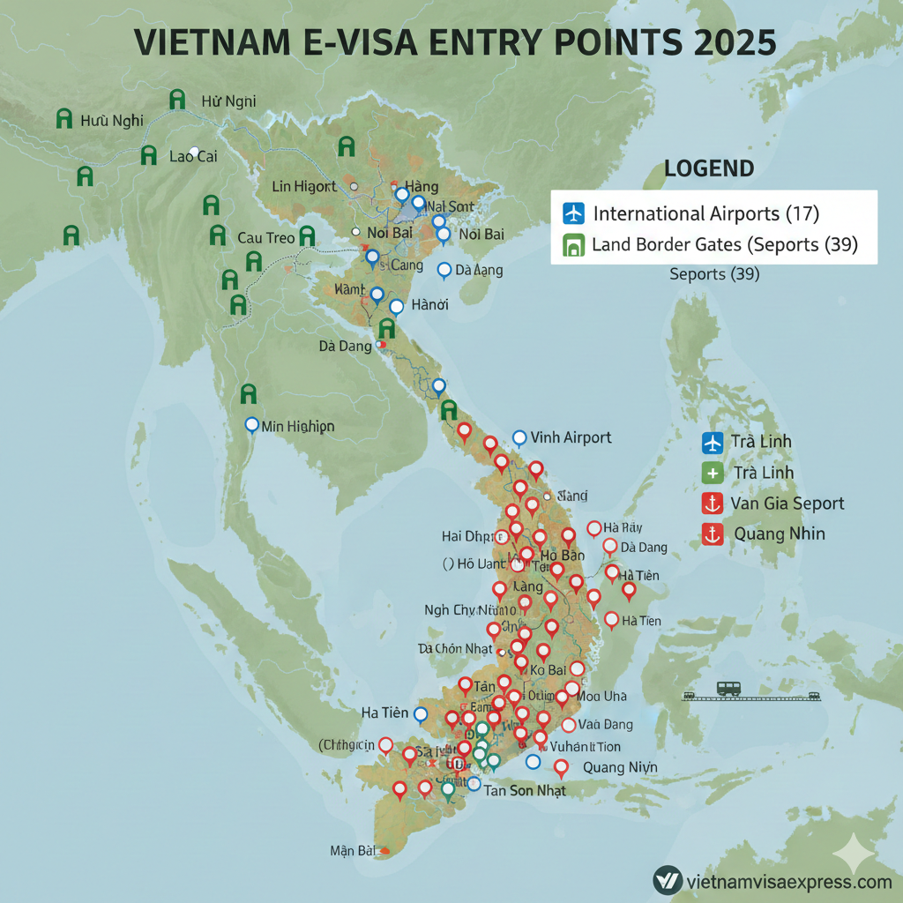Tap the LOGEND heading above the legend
click(708, 168)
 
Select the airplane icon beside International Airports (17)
click(573, 213)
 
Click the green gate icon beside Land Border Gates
click(573, 244)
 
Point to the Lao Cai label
click(192, 157)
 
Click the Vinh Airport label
click(571, 437)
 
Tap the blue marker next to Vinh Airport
click(519, 437)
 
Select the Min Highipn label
click(298, 426)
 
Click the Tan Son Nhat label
click(525, 790)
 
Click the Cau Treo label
click(266, 238)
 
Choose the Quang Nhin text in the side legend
click(779, 534)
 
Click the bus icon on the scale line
click(728, 688)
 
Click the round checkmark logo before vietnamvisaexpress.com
click(667, 880)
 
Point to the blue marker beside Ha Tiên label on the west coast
click(421, 713)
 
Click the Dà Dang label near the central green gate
click(345, 347)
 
